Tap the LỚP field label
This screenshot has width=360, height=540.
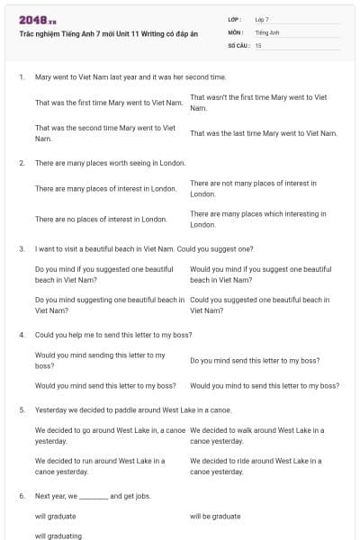(x=235, y=19)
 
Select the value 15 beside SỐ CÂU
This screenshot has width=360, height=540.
(x=258, y=44)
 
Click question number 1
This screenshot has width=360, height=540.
(x=22, y=77)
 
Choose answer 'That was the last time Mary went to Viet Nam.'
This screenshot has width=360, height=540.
(x=264, y=133)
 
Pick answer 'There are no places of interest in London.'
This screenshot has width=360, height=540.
(x=101, y=219)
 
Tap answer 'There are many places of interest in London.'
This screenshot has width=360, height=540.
(x=106, y=189)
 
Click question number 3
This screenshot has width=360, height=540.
(x=22, y=247)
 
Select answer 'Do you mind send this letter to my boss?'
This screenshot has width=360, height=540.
(x=255, y=360)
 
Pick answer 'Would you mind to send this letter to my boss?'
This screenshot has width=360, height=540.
(x=265, y=385)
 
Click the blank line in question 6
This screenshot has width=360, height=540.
(x=94, y=496)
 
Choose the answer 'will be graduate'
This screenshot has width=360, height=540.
(x=215, y=516)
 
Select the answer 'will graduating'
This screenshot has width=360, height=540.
(x=58, y=535)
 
